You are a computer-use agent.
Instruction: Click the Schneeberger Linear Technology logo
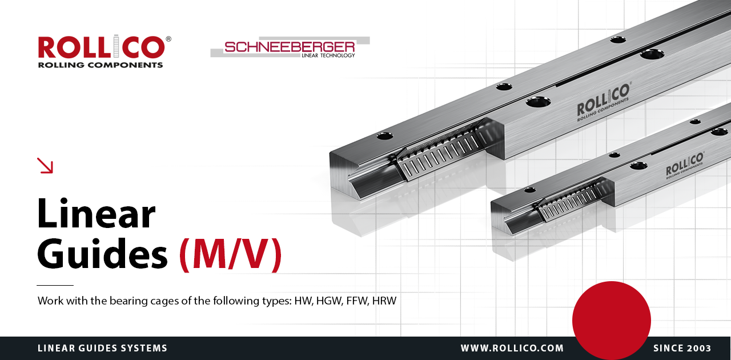tap(290, 47)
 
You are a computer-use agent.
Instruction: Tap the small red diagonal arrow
tap(45, 165)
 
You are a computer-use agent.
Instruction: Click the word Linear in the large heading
tap(97, 214)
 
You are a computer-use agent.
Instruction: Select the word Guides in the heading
tap(102, 254)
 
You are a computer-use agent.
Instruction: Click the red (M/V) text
tap(230, 254)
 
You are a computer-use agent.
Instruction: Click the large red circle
tap(612, 321)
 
